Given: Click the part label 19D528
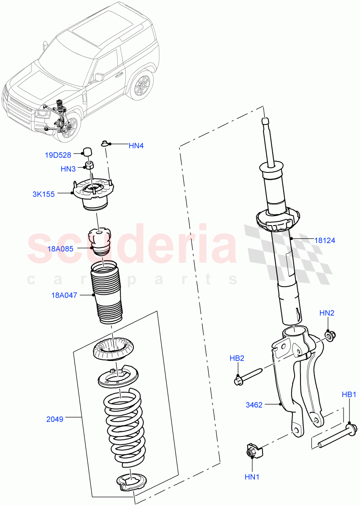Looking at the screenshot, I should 58,155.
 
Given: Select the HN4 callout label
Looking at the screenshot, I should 136,146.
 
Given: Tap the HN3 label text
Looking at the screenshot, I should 68,169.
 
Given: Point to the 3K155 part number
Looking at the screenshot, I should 43,194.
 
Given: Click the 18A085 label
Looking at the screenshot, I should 60,249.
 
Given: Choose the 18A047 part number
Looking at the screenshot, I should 63,295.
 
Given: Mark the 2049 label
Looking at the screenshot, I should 55,419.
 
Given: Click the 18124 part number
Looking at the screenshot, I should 325,240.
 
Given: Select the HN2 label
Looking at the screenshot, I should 327,313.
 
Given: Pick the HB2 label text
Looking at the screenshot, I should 237,358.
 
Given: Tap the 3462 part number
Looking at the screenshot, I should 254,405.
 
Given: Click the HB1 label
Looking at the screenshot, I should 349,395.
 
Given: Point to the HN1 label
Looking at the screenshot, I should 252,476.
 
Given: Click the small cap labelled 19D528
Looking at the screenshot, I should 88,151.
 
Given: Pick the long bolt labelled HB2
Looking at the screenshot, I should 249,375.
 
